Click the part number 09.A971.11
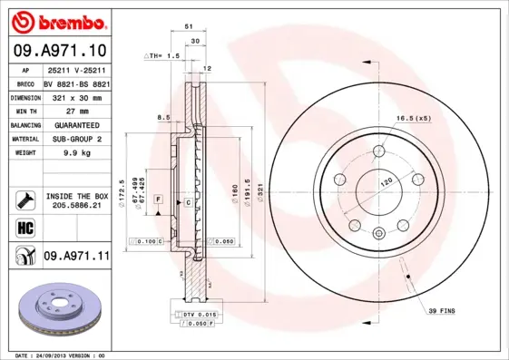tap(76, 257)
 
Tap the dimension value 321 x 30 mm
tap(76, 95)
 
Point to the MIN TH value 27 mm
tap(76, 110)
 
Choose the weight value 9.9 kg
tap(76, 153)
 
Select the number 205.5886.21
tap(76, 206)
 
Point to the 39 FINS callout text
tap(442, 311)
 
